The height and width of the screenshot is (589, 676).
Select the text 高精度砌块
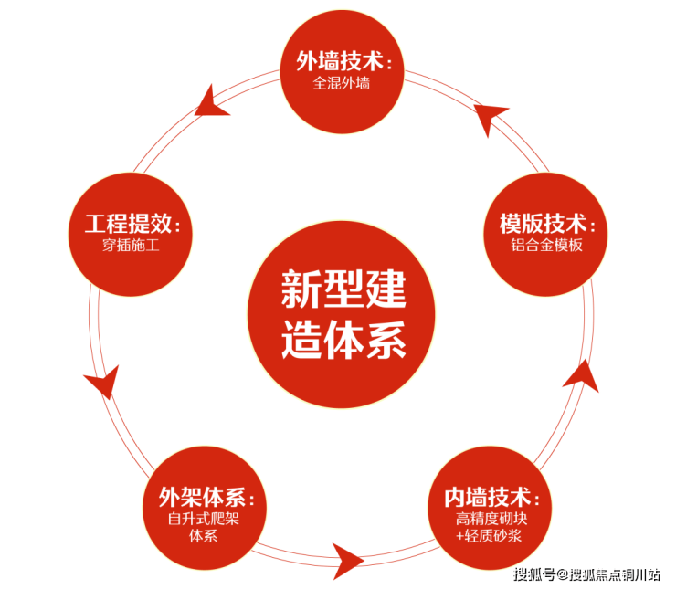[491, 520]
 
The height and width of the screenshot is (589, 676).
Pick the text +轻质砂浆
[489, 536]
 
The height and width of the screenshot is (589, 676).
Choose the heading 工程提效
[132, 225]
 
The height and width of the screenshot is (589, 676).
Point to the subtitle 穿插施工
[132, 246]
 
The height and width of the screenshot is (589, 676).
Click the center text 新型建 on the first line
[342, 289]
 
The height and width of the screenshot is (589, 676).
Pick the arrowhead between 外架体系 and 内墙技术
[347, 557]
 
